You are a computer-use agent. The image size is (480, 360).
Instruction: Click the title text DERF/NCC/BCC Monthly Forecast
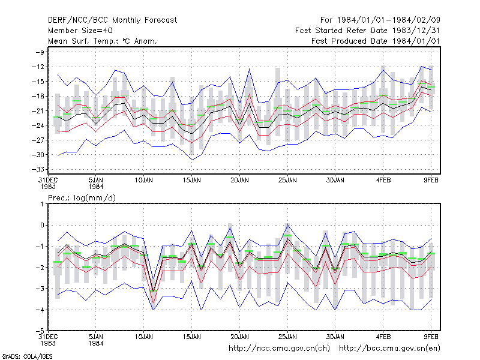click(x=112, y=20)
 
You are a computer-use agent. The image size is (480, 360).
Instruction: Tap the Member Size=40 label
click(x=80, y=31)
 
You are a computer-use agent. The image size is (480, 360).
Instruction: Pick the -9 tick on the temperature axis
click(x=40, y=52)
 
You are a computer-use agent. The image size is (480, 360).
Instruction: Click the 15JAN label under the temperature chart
click(x=191, y=181)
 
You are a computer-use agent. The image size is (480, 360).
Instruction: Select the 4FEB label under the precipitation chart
click(x=383, y=337)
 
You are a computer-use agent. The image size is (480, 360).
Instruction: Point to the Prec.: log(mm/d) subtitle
click(x=82, y=198)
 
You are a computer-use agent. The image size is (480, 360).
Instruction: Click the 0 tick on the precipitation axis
click(x=43, y=226)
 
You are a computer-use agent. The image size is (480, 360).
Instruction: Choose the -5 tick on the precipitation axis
click(x=40, y=331)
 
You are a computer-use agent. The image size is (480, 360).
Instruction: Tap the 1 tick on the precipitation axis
click(x=43, y=204)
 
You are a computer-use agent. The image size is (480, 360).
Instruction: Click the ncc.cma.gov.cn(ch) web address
click(x=279, y=349)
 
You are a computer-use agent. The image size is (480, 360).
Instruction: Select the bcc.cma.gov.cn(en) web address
click(x=389, y=349)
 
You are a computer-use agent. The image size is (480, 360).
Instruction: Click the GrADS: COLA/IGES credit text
click(x=27, y=356)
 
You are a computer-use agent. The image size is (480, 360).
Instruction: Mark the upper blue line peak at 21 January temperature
click(x=249, y=69)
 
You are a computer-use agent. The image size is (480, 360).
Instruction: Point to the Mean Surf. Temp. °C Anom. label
click(x=103, y=41)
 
